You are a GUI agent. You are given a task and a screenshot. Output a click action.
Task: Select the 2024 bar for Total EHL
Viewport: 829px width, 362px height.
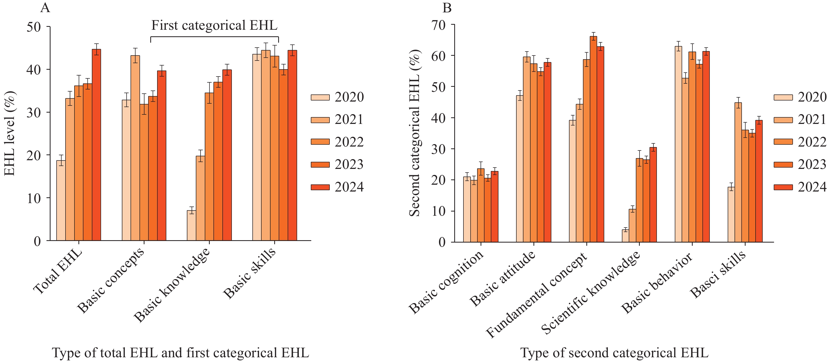[x=97, y=145]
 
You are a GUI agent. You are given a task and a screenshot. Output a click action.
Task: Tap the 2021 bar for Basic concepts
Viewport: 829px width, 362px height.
[x=135, y=148]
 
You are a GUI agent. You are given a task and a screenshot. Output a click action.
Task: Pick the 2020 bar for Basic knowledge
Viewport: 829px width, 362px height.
[x=192, y=225]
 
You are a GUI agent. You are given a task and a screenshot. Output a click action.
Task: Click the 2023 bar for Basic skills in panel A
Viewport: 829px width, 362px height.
[x=283, y=155]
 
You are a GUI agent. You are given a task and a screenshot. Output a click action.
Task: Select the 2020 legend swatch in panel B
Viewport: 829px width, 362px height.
[x=783, y=97]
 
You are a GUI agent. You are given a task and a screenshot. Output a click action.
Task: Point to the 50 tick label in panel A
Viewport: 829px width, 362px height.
[x=33, y=27]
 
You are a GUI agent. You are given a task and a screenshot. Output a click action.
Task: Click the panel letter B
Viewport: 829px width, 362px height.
[x=447, y=8]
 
